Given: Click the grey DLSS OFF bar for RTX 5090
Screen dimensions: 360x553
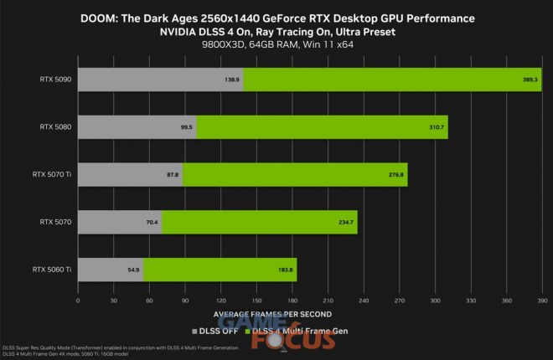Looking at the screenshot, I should click(159, 79).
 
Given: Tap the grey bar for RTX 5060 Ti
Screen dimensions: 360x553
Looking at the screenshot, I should click(110, 270).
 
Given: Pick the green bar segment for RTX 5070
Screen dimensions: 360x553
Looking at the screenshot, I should click(259, 222).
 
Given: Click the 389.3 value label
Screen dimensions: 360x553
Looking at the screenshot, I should click(529, 79).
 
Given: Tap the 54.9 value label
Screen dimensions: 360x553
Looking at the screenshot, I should click(133, 270).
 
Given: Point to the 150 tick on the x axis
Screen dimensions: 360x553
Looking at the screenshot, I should click(256, 299).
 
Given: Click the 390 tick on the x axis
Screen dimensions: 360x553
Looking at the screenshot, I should click(541, 299).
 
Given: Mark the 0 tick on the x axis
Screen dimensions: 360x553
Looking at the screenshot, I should click(78, 299).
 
